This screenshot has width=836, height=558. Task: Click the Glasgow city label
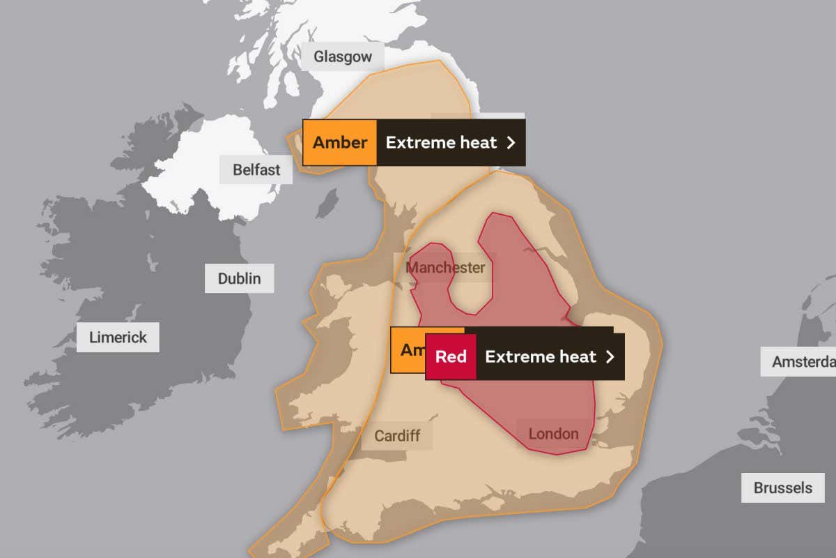pyautogui.click(x=343, y=56)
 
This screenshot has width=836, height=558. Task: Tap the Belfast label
pyautogui.click(x=256, y=169)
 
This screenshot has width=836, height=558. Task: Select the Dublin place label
pyautogui.click(x=239, y=278)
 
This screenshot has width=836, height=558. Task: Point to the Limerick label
pyautogui.click(x=118, y=338)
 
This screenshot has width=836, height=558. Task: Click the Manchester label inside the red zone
pyautogui.click(x=445, y=268)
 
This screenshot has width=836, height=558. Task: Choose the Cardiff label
pyautogui.click(x=397, y=436)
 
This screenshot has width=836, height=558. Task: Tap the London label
pyautogui.click(x=553, y=434)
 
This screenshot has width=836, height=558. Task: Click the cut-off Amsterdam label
pyautogui.click(x=801, y=362)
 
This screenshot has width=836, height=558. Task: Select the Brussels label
pyautogui.click(x=782, y=488)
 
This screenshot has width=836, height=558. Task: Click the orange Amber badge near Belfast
pyautogui.click(x=339, y=142)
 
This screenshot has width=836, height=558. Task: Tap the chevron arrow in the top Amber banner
pyautogui.click(x=511, y=142)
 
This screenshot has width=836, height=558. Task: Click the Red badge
pyautogui.click(x=451, y=356)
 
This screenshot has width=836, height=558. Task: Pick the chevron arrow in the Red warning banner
pyautogui.click(x=610, y=356)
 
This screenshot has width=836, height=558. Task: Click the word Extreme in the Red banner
pyautogui.click(x=515, y=356)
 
